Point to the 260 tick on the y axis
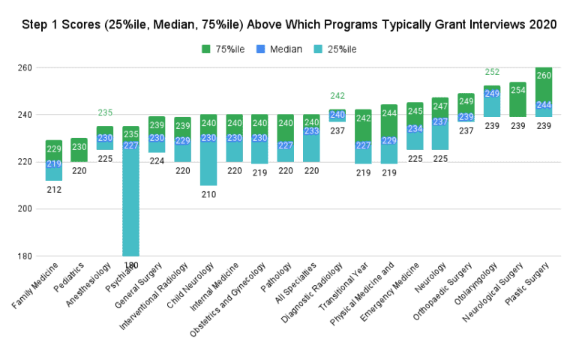coord(25,67)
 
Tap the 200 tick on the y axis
coord(25,208)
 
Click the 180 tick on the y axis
coord(25,256)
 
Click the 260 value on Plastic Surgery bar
coord(543,76)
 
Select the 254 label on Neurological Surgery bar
coord(517,90)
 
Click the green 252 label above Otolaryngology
coord(492,72)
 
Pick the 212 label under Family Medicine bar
coord(53,190)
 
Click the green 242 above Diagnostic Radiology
coord(337,96)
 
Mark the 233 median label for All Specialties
coord(311,130)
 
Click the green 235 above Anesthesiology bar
coord(105,112)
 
